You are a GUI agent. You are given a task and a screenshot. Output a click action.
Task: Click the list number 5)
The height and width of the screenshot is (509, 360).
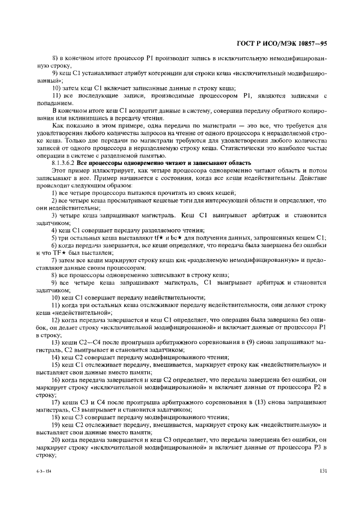[55, 237]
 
